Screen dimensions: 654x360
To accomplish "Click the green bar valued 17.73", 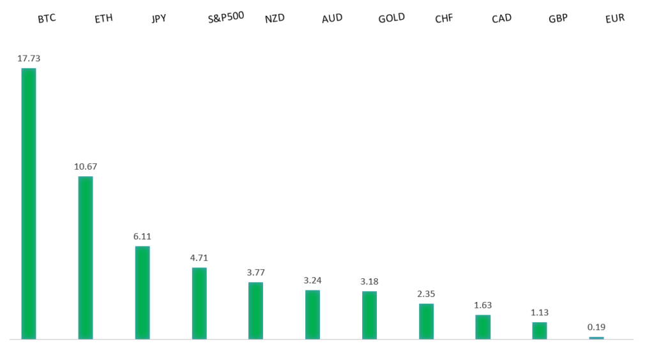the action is (29, 204).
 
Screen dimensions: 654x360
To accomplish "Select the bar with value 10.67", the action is (86, 258).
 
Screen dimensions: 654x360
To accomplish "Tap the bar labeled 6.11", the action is (142, 292).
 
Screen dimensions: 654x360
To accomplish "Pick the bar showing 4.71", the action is (199, 303).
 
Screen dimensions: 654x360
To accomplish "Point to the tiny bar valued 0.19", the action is (597, 338).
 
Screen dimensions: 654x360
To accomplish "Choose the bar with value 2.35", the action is (426, 321).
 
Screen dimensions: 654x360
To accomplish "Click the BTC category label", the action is (47, 19).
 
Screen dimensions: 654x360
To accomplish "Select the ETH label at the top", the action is (103, 19).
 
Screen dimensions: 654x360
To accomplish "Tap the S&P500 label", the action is (226, 17).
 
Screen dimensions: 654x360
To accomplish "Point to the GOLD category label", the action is (392, 19).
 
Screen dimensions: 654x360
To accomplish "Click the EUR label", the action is (615, 19).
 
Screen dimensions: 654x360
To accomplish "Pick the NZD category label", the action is (275, 19).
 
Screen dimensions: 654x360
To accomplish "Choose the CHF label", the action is (444, 19).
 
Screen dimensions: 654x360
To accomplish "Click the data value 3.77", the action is (255, 273).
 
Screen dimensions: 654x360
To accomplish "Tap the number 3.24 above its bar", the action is (312, 280).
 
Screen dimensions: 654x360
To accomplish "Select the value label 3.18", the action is (369, 281).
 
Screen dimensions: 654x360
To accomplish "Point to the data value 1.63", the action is (483, 305).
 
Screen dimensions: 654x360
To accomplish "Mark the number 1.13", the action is (539, 313).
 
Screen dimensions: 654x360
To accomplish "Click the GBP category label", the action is (558, 19).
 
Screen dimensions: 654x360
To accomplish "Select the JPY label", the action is (159, 19).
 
